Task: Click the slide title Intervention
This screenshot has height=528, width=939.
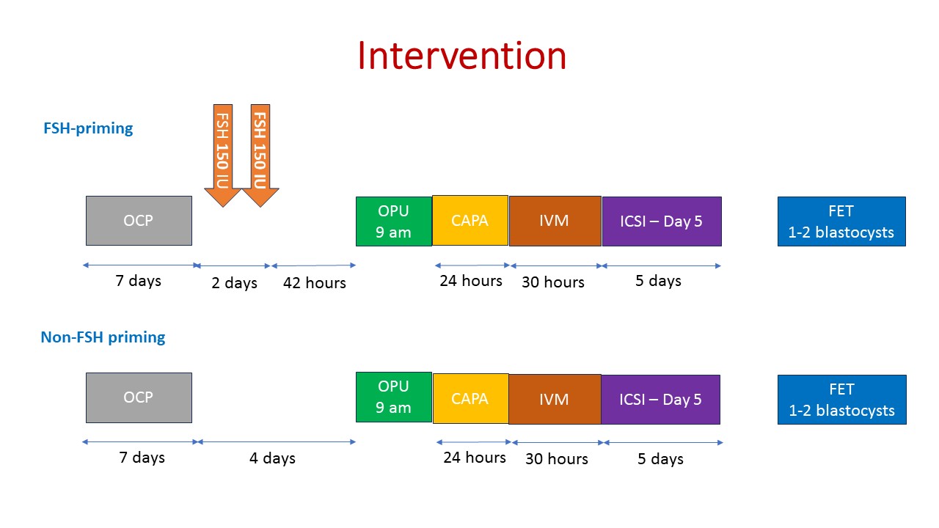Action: pyautogui.click(x=462, y=56)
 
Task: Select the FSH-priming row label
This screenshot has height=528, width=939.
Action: pyautogui.click(x=88, y=128)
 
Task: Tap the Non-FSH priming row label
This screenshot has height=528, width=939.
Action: pyautogui.click(x=103, y=337)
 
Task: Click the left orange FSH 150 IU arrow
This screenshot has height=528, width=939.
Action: pyautogui.click(x=222, y=155)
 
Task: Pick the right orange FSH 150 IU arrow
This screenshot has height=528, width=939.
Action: pyautogui.click(x=260, y=155)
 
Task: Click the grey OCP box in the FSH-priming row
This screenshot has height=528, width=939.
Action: pyautogui.click(x=139, y=221)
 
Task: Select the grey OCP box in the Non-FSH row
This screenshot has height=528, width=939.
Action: pyautogui.click(x=139, y=397)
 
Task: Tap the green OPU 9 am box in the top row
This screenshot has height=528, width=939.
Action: pyautogui.click(x=394, y=221)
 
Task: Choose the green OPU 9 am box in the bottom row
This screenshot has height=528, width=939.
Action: pyautogui.click(x=394, y=397)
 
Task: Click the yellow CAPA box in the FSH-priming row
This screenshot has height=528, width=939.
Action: pyautogui.click(x=470, y=221)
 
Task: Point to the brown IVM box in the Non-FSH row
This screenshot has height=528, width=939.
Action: pyautogui.click(x=555, y=400)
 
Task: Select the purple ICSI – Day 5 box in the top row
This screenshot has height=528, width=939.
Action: pyautogui.click(x=662, y=221)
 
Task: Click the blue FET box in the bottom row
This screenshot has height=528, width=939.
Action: pyautogui.click(x=841, y=400)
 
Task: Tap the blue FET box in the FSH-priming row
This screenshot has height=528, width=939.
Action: pyautogui.click(x=841, y=221)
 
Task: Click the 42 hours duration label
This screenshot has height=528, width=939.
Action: pyautogui.click(x=315, y=283)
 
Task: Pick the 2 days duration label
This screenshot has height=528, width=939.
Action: pyautogui.click(x=234, y=283)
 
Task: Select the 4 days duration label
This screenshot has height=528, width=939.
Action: pyautogui.click(x=272, y=458)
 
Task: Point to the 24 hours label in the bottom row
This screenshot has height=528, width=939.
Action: pyautogui.click(x=475, y=457)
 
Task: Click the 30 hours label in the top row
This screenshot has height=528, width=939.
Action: pyautogui.click(x=553, y=282)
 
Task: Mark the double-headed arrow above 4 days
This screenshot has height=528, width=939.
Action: pyautogui.click(x=277, y=441)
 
